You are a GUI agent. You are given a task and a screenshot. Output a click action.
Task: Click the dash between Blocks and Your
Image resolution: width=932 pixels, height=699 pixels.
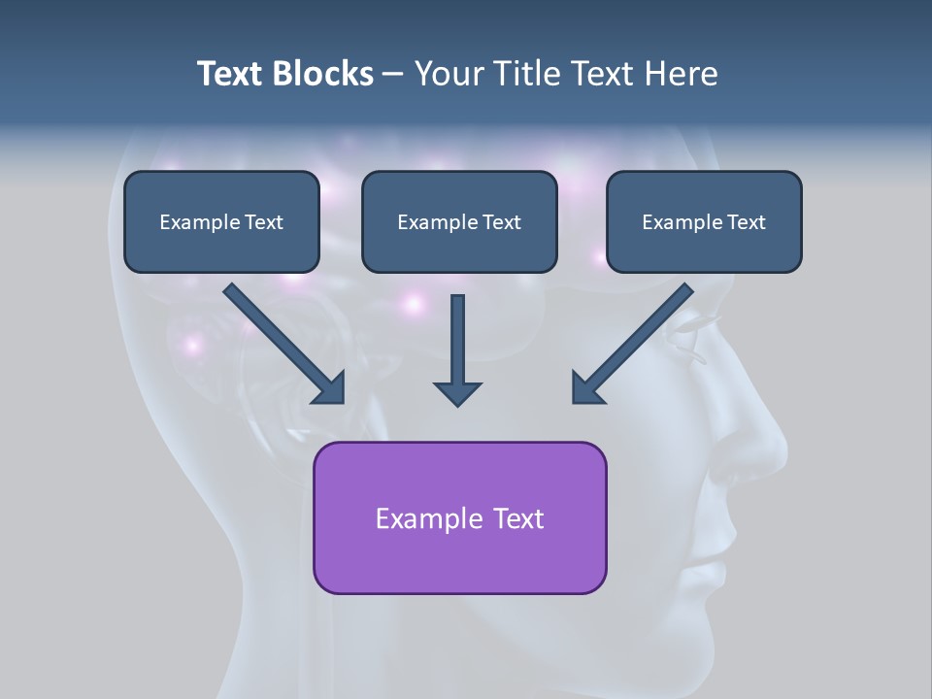[393, 75]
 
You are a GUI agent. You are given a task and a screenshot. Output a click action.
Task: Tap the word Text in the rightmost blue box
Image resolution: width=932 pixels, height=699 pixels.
[747, 222]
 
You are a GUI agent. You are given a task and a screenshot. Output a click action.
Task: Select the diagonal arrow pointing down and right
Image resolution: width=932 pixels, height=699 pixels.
[283, 342]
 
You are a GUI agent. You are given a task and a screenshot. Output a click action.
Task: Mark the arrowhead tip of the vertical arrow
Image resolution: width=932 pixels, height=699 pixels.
[457, 405]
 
